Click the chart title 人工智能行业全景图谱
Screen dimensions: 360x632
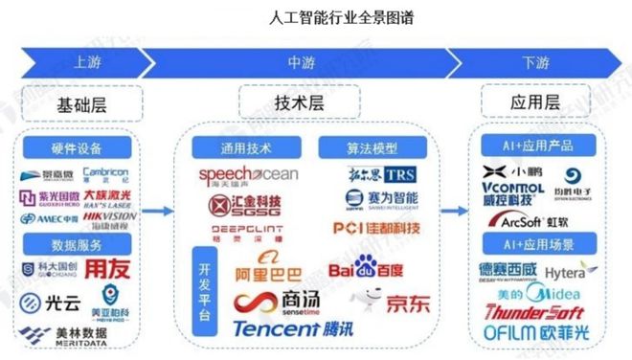pos(315,17)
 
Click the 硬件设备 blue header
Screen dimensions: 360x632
pos(74,149)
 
